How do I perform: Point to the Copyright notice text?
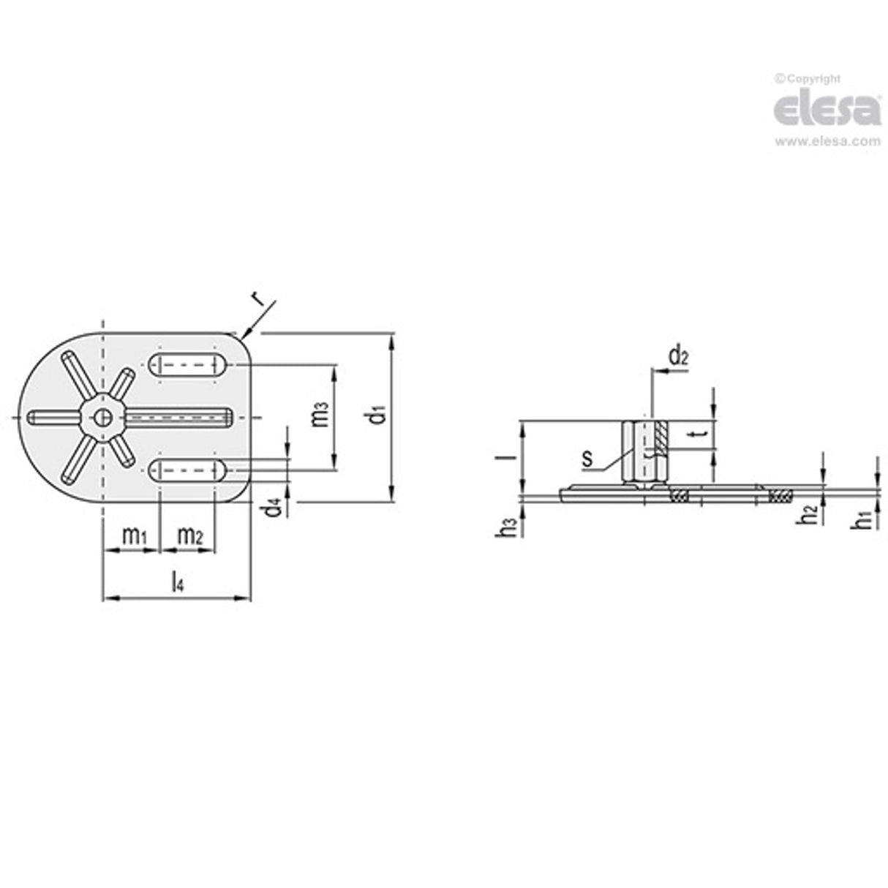[x=808, y=78]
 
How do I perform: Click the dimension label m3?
[x=319, y=416]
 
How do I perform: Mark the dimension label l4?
[x=176, y=583]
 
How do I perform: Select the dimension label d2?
[x=679, y=357]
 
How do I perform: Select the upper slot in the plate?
[x=188, y=365]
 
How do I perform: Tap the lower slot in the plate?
[x=188, y=470]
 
